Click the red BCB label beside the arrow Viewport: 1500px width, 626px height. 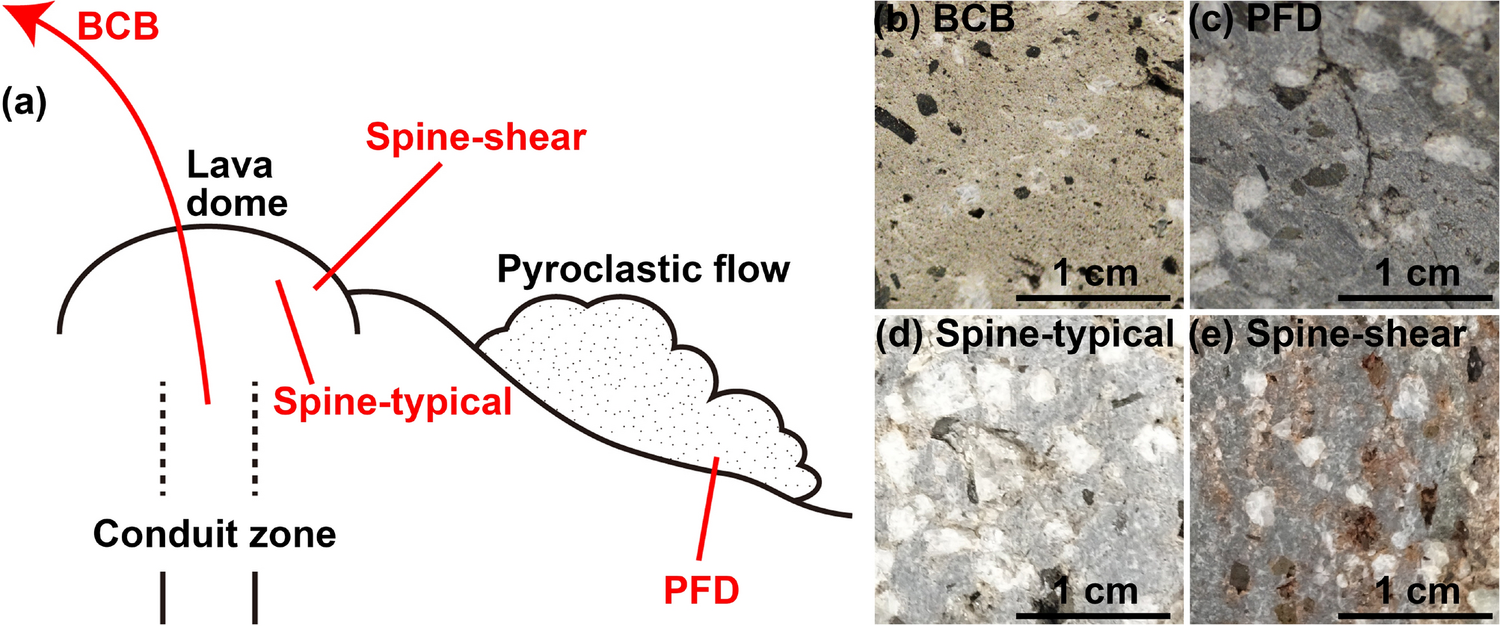pyautogui.click(x=118, y=28)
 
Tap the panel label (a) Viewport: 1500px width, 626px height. pyautogui.click(x=24, y=103)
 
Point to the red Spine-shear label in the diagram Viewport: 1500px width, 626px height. pyautogui.click(x=476, y=137)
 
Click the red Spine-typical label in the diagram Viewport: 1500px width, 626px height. pyautogui.click(x=392, y=402)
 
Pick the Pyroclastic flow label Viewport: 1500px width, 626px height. pyautogui.click(x=643, y=269)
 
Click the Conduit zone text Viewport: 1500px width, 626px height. pyautogui.click(x=214, y=534)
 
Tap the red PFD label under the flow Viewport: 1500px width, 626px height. pyautogui.click(x=701, y=591)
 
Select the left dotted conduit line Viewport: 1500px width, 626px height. pyautogui.click(x=162, y=438)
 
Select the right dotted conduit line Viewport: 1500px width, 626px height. pyautogui.click(x=255, y=438)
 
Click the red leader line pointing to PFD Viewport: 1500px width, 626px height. pyautogui.click(x=707, y=508)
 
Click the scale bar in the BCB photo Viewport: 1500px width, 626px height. pyautogui.click(x=1092, y=298)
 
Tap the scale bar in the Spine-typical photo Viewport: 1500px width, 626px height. pyautogui.click(x=1092, y=615)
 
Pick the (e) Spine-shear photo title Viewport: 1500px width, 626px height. pyautogui.click(x=1327, y=334)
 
